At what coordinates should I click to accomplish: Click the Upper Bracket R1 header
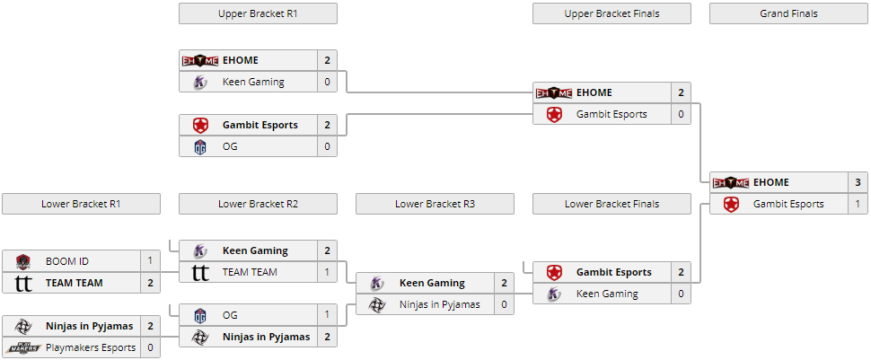[258, 13]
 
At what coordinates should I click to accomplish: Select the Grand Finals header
[788, 13]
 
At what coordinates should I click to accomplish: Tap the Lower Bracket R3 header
[435, 204]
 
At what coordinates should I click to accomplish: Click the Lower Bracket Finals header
[611, 204]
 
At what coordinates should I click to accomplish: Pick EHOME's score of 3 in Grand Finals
[858, 182]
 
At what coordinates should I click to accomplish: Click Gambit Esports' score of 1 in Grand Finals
[858, 204]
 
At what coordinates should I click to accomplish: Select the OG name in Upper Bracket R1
[230, 146]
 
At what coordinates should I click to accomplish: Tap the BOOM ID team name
[67, 261]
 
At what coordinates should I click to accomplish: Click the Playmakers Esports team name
[91, 347]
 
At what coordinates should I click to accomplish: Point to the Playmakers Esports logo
[23, 347]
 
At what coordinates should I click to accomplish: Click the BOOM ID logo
[23, 261]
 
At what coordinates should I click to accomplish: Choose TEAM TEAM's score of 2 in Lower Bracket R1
[150, 283]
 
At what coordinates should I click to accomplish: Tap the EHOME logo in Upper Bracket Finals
[554, 92]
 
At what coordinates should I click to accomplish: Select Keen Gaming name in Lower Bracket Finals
[607, 294]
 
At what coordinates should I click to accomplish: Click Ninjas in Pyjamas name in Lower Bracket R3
[440, 304]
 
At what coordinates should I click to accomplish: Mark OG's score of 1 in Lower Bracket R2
[327, 315]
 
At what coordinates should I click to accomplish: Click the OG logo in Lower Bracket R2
[200, 315]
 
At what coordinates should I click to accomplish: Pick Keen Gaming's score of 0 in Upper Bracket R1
[327, 82]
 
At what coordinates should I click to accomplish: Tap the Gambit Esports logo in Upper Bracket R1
[200, 125]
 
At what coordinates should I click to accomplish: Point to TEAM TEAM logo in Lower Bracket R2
[200, 272]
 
